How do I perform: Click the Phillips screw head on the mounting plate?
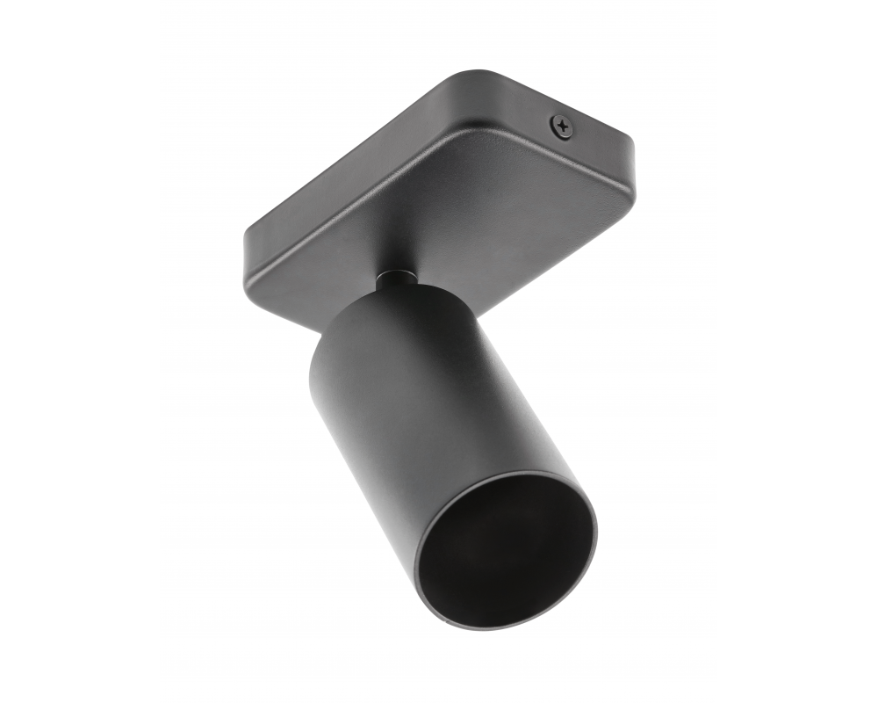(x=563, y=127)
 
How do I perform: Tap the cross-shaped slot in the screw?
(x=563, y=127)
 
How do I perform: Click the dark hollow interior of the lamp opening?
(x=505, y=550)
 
